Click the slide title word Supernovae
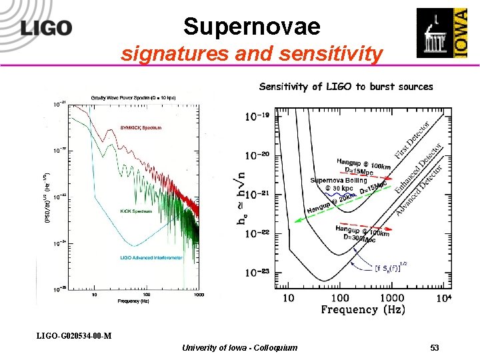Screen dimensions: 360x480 (251, 27)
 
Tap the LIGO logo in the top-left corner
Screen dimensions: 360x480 (46, 28)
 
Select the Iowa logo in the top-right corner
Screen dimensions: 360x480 (441, 33)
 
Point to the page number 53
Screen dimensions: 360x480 (434, 348)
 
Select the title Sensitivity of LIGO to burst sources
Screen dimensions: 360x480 (345, 87)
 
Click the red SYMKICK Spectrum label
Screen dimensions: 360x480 (140, 127)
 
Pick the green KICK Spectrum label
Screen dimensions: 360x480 (136, 211)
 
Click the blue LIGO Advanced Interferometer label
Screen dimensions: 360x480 (151, 257)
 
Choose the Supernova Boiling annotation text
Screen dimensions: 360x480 (338, 181)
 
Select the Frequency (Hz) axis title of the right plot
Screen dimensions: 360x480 (358, 309)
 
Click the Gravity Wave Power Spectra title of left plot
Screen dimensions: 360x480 (133, 99)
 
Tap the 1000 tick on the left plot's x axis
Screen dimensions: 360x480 (199, 294)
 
